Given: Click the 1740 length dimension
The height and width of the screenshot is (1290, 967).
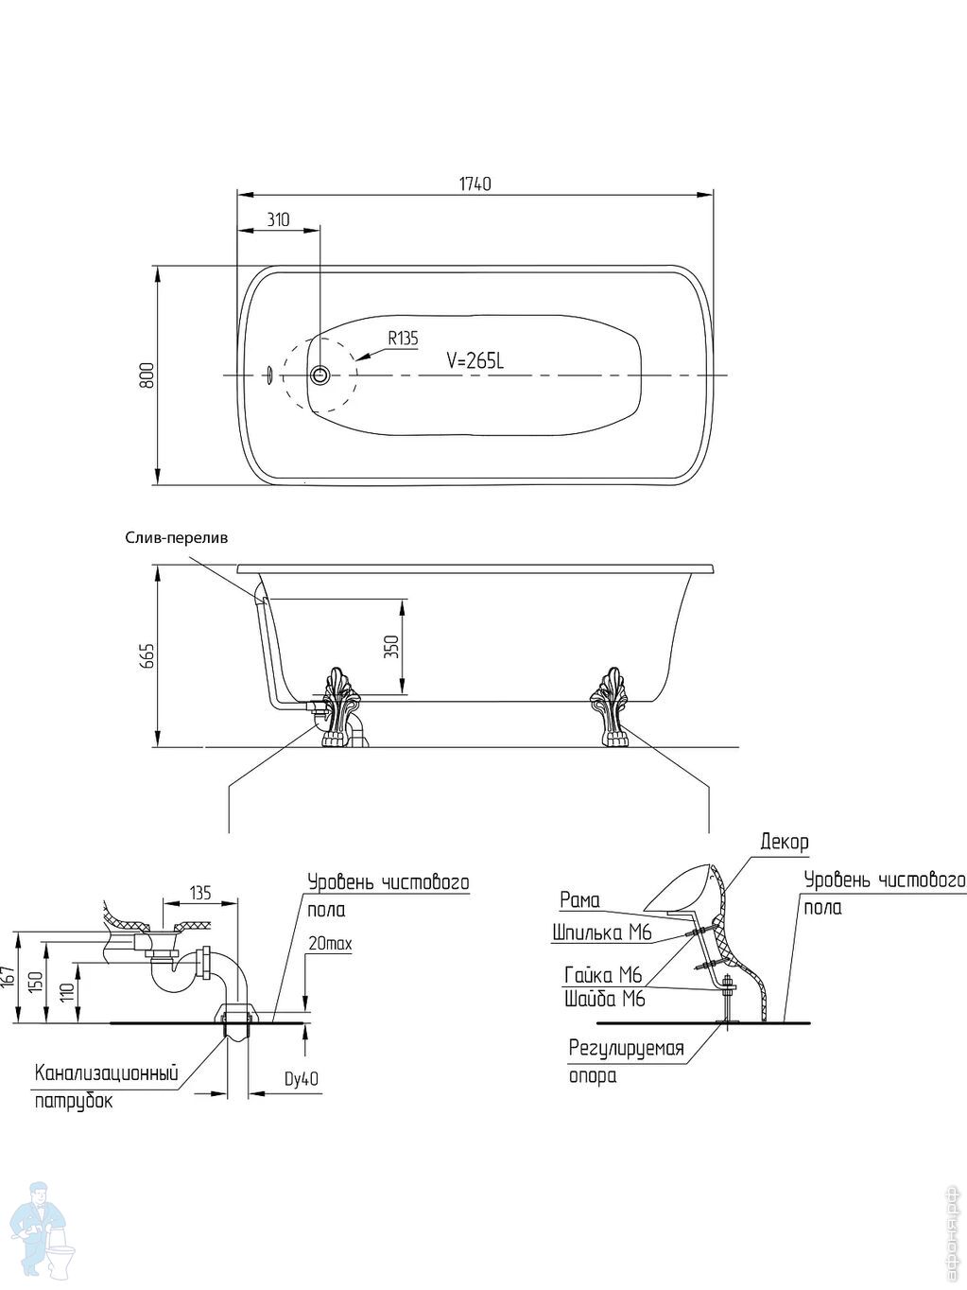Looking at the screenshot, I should coord(475,183).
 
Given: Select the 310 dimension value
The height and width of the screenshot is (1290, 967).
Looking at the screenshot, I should coord(277,220).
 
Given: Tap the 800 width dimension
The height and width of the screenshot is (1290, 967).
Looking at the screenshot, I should coord(146,375).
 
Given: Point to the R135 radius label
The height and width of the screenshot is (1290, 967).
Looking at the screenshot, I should coord(402,338).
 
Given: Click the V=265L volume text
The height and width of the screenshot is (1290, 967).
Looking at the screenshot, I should coord(475,360).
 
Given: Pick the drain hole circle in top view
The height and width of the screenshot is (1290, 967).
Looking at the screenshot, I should coord(320,375).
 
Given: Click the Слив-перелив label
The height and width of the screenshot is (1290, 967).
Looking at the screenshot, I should coord(177,537).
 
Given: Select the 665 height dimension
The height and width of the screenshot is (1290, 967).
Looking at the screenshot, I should coord(146,655).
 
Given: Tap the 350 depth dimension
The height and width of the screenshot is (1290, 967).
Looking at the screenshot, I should coord(392,646).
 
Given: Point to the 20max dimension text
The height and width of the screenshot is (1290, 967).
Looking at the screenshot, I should coord(330,944).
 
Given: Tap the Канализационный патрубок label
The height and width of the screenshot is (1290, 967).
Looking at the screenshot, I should coord(107,1087).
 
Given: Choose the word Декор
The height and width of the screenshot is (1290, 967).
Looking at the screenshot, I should coord(784,842).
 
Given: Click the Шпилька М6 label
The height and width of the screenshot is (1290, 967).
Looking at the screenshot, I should coord(602,933).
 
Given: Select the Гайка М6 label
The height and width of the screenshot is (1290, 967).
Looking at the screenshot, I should coord(603,975).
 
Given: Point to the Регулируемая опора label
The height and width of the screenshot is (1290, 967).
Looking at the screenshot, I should coord(626,1061).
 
